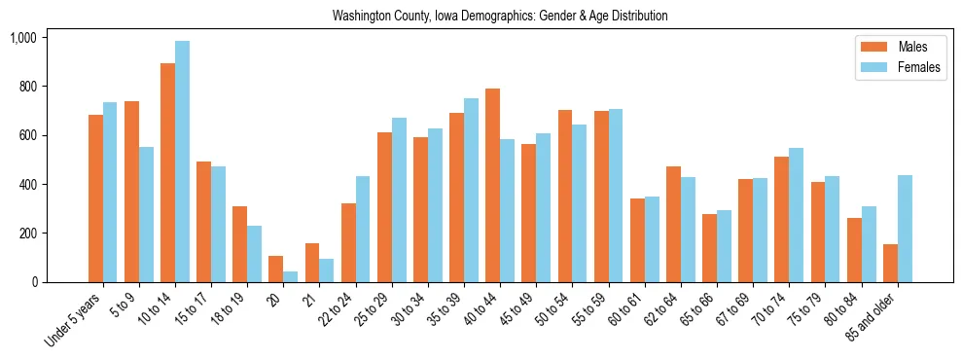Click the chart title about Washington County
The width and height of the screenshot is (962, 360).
click(x=500, y=16)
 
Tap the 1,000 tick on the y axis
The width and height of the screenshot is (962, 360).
click(x=22, y=38)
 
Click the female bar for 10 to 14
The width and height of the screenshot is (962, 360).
click(x=182, y=162)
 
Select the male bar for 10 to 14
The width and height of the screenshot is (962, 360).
click(x=167, y=173)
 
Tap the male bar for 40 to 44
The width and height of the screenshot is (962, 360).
click(x=492, y=185)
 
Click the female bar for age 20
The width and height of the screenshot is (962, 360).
click(x=291, y=277)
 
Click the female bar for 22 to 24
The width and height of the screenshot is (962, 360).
click(x=363, y=230)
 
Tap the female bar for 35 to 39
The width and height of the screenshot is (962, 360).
click(x=471, y=191)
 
